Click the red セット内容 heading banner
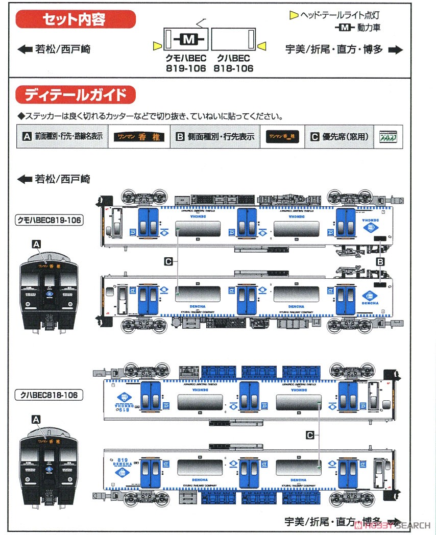76,20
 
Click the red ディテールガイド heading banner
76,95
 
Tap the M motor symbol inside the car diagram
188,39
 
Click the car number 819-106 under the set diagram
186,68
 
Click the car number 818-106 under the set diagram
233,68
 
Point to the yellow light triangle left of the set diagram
156,47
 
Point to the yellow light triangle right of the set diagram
262,47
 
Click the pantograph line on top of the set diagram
201,23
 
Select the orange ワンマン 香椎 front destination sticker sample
138,137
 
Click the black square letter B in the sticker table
180,137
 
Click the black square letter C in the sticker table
315,137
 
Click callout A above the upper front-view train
36,245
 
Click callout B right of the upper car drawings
380,261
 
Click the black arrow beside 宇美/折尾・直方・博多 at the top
396,50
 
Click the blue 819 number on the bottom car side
122,458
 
